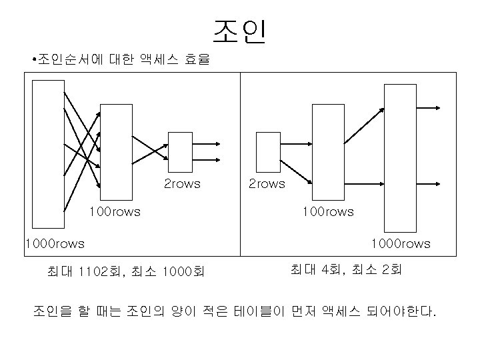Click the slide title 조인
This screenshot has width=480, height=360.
coord(240,31)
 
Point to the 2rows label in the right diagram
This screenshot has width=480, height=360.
coord(267,183)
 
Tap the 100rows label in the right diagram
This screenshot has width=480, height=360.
coord(328,212)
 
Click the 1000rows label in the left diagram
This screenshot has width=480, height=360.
coord(54,243)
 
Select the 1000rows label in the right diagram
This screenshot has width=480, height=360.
coord(401,243)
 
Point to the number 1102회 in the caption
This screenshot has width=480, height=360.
coord(100,271)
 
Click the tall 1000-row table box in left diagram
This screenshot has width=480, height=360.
coord(48,154)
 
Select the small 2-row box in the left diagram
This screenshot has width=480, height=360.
coord(180,152)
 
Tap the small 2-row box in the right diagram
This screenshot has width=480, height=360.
coord(268,152)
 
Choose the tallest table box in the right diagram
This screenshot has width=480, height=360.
coord(399,157)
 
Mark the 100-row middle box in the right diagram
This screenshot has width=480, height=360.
coord(328,151)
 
